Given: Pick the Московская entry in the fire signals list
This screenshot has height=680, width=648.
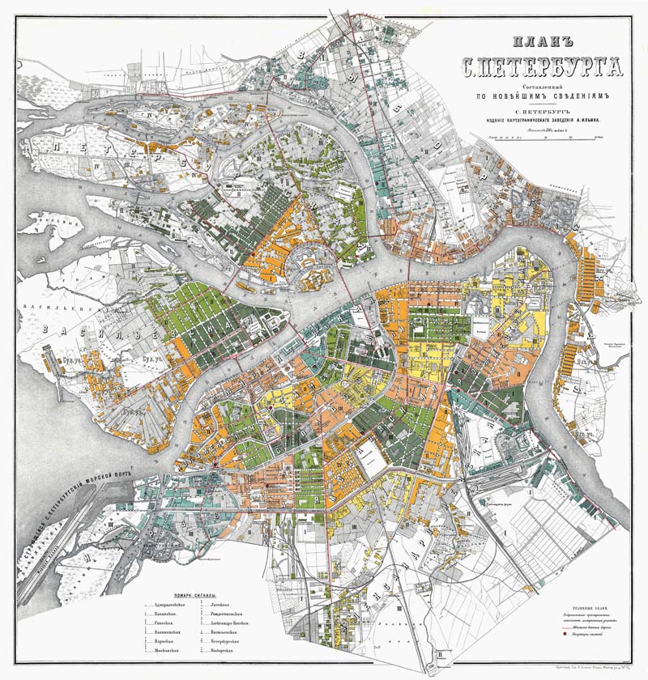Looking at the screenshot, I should pyautogui.click(x=171, y=650).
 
